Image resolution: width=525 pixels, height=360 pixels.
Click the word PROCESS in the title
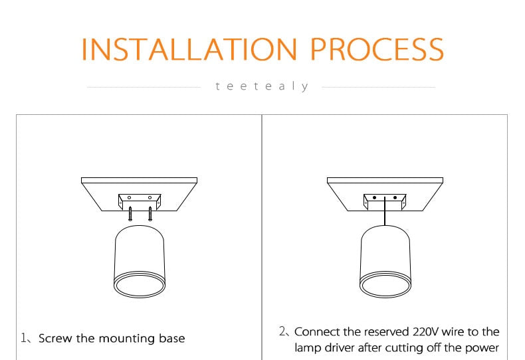coord(377,49)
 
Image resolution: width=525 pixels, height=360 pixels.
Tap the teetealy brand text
coord(262,86)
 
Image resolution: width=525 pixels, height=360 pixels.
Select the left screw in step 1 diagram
coord(130,214)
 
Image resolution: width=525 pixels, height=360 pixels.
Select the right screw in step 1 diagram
coord(150,214)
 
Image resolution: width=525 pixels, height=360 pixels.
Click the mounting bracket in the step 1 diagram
coord(140,201)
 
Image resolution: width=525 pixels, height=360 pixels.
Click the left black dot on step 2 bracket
coord(374,198)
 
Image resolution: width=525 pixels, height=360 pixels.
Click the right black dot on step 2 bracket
coord(395,198)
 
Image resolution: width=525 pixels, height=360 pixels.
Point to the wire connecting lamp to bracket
coord(385,211)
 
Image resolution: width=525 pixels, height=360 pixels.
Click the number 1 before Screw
coord(24,337)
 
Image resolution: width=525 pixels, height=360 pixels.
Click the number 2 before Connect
coord(282,331)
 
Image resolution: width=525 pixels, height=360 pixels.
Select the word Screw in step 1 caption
coord(55,338)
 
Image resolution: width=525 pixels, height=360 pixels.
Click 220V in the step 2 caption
coord(425,331)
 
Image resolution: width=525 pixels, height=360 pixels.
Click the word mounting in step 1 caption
coord(127,339)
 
